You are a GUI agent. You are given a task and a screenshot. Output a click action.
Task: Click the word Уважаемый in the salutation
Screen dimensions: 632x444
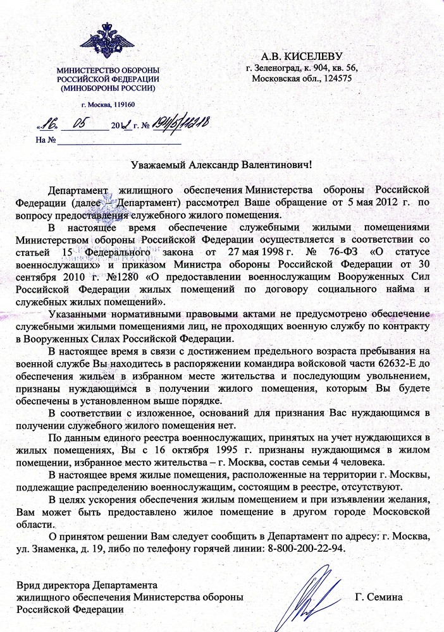(x=157, y=165)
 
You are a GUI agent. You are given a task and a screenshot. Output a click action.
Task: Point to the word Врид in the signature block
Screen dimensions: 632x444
(x=27, y=585)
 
